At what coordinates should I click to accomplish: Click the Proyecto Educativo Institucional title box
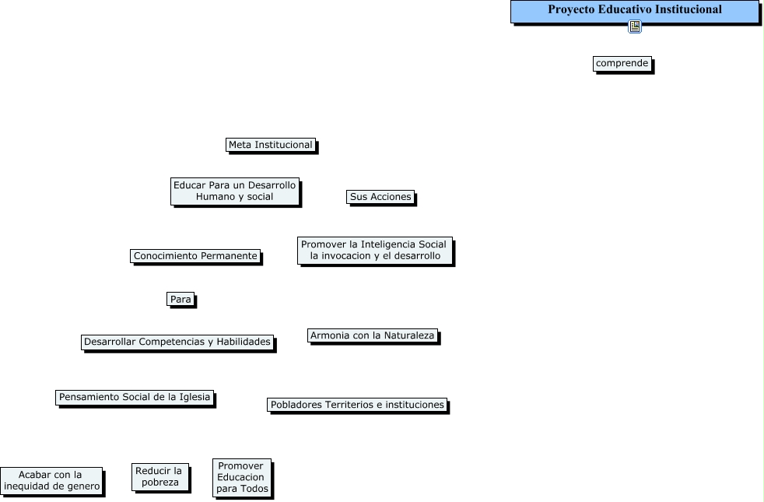tap(634, 11)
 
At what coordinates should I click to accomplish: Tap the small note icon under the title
tap(635, 27)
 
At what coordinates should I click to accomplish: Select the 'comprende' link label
tap(622, 63)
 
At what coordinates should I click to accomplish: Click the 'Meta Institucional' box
tap(270, 145)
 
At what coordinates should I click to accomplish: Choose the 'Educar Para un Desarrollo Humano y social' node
tap(234, 191)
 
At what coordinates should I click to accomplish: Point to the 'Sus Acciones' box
tap(380, 197)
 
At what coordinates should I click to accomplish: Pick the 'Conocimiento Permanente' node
tap(195, 256)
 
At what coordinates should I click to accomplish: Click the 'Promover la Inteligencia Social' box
tap(374, 250)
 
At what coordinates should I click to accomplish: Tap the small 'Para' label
tap(180, 299)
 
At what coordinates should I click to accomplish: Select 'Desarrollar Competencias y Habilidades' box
tap(177, 342)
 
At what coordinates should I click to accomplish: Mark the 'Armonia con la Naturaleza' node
tap(373, 336)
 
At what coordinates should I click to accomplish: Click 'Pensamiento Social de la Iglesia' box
tap(135, 397)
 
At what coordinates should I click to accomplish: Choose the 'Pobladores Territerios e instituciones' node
tap(357, 405)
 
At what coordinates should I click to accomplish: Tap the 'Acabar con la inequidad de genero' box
tap(51, 481)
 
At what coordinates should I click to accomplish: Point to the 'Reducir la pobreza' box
tap(159, 476)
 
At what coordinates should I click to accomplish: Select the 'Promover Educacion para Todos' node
tap(241, 477)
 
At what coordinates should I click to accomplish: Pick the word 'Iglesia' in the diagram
tap(195, 397)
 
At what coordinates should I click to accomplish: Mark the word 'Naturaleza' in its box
tap(409, 336)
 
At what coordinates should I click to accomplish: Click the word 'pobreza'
tap(160, 483)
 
